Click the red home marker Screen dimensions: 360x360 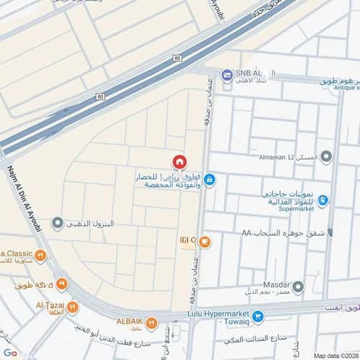[180, 161]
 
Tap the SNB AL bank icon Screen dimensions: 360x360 [227, 74]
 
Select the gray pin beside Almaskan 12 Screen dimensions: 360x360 [326, 156]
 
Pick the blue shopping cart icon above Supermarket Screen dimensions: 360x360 [323, 199]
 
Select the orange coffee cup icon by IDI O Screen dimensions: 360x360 [205, 240]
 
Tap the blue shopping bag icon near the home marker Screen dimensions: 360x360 [210, 179]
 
